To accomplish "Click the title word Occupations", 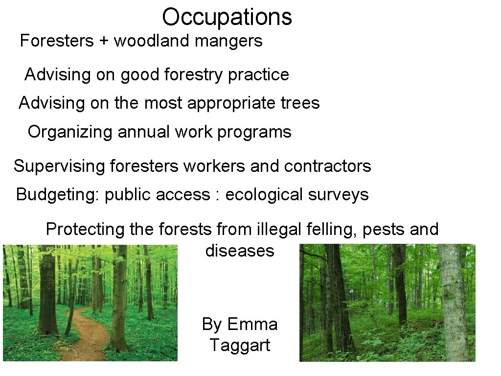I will (227, 17).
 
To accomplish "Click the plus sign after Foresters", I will (103, 41).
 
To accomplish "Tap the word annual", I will (140, 132).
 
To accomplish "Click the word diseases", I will (240, 251).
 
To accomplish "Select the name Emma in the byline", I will (252, 324).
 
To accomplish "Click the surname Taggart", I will (240, 346).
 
